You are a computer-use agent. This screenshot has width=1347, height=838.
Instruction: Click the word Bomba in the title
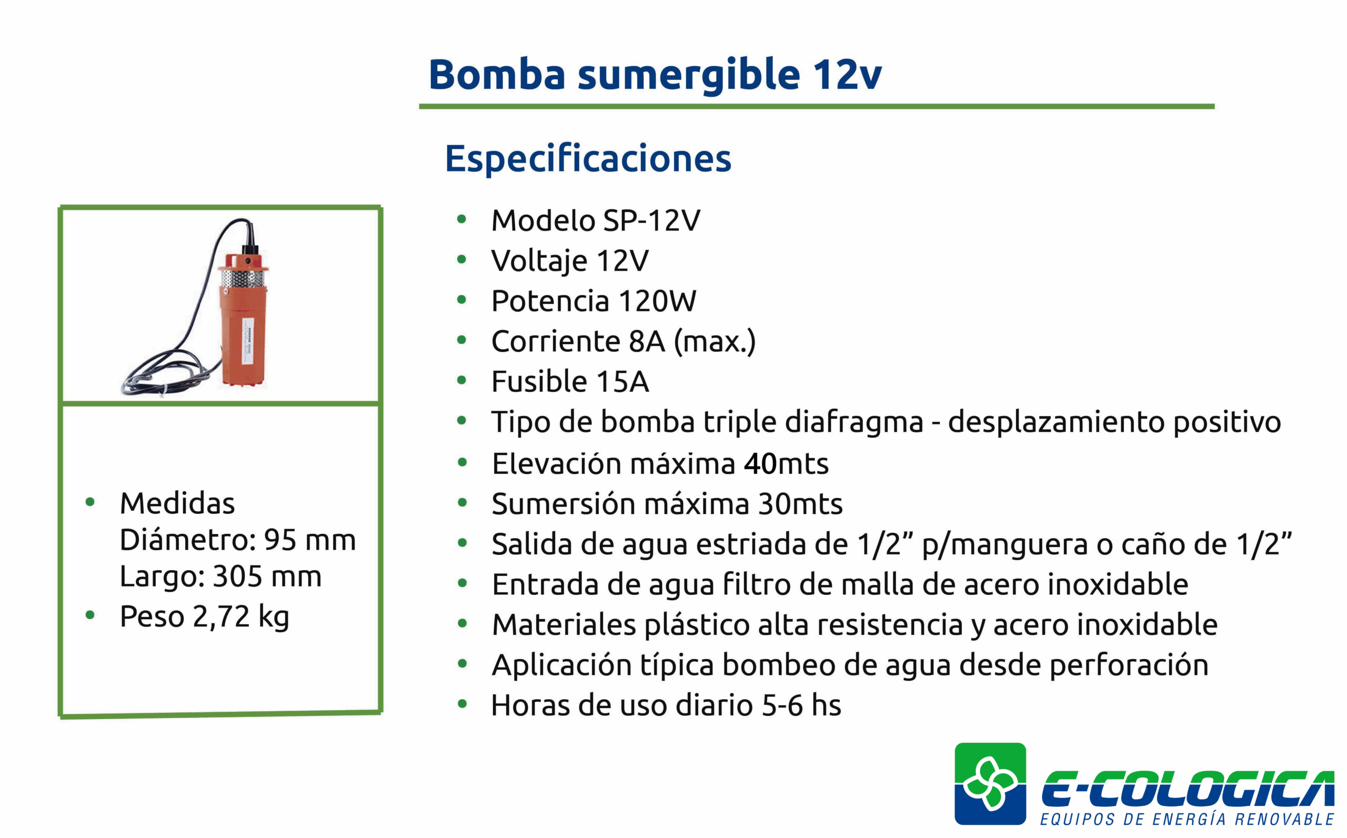[497, 74]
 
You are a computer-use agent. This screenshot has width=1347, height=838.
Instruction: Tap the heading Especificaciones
[588, 158]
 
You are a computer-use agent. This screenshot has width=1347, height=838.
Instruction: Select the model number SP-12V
[652, 220]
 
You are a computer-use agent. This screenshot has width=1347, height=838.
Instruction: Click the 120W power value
[657, 301]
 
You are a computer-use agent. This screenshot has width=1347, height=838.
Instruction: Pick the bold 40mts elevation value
[786, 463]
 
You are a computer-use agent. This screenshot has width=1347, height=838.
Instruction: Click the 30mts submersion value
[800, 504]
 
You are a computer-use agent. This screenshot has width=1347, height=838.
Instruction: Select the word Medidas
[177, 503]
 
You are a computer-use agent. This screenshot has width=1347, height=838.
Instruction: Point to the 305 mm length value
[267, 577]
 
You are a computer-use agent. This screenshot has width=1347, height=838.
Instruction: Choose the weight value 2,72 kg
[241, 618]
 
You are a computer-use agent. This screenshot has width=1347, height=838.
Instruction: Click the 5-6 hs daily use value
[801, 705]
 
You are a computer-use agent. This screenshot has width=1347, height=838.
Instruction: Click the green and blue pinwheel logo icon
[990, 784]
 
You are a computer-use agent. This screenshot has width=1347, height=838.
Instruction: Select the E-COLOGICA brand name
[1188, 788]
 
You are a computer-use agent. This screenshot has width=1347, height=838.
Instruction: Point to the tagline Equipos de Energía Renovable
[1187, 819]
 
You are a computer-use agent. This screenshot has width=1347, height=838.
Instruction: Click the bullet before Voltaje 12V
[462, 259]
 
